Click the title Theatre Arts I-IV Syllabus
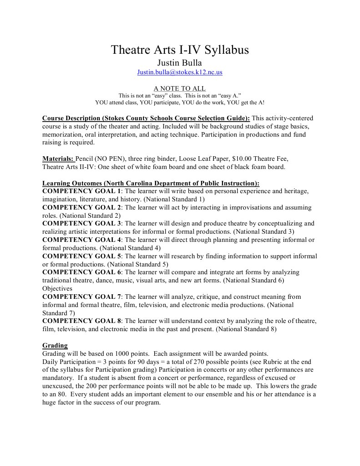click(x=180, y=50)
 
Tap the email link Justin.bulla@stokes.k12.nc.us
click(x=180, y=72)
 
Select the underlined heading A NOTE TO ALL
click(x=179, y=88)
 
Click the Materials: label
click(x=58, y=159)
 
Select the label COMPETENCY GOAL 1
click(x=82, y=191)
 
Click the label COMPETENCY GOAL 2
click(x=82, y=207)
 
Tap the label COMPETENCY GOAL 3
click(x=82, y=224)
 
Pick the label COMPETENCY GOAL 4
click(x=82, y=240)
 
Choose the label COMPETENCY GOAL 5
click(x=82, y=256)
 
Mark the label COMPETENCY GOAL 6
click(x=82, y=272)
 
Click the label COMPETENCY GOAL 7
click(x=82, y=297)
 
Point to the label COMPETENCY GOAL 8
click(x=82, y=321)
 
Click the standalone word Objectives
click(x=57, y=288)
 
